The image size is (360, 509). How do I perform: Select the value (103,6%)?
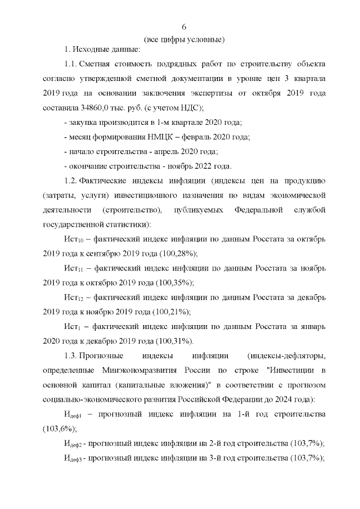58,429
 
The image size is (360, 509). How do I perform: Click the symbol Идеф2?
74,444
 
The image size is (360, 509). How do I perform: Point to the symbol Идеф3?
74,458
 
